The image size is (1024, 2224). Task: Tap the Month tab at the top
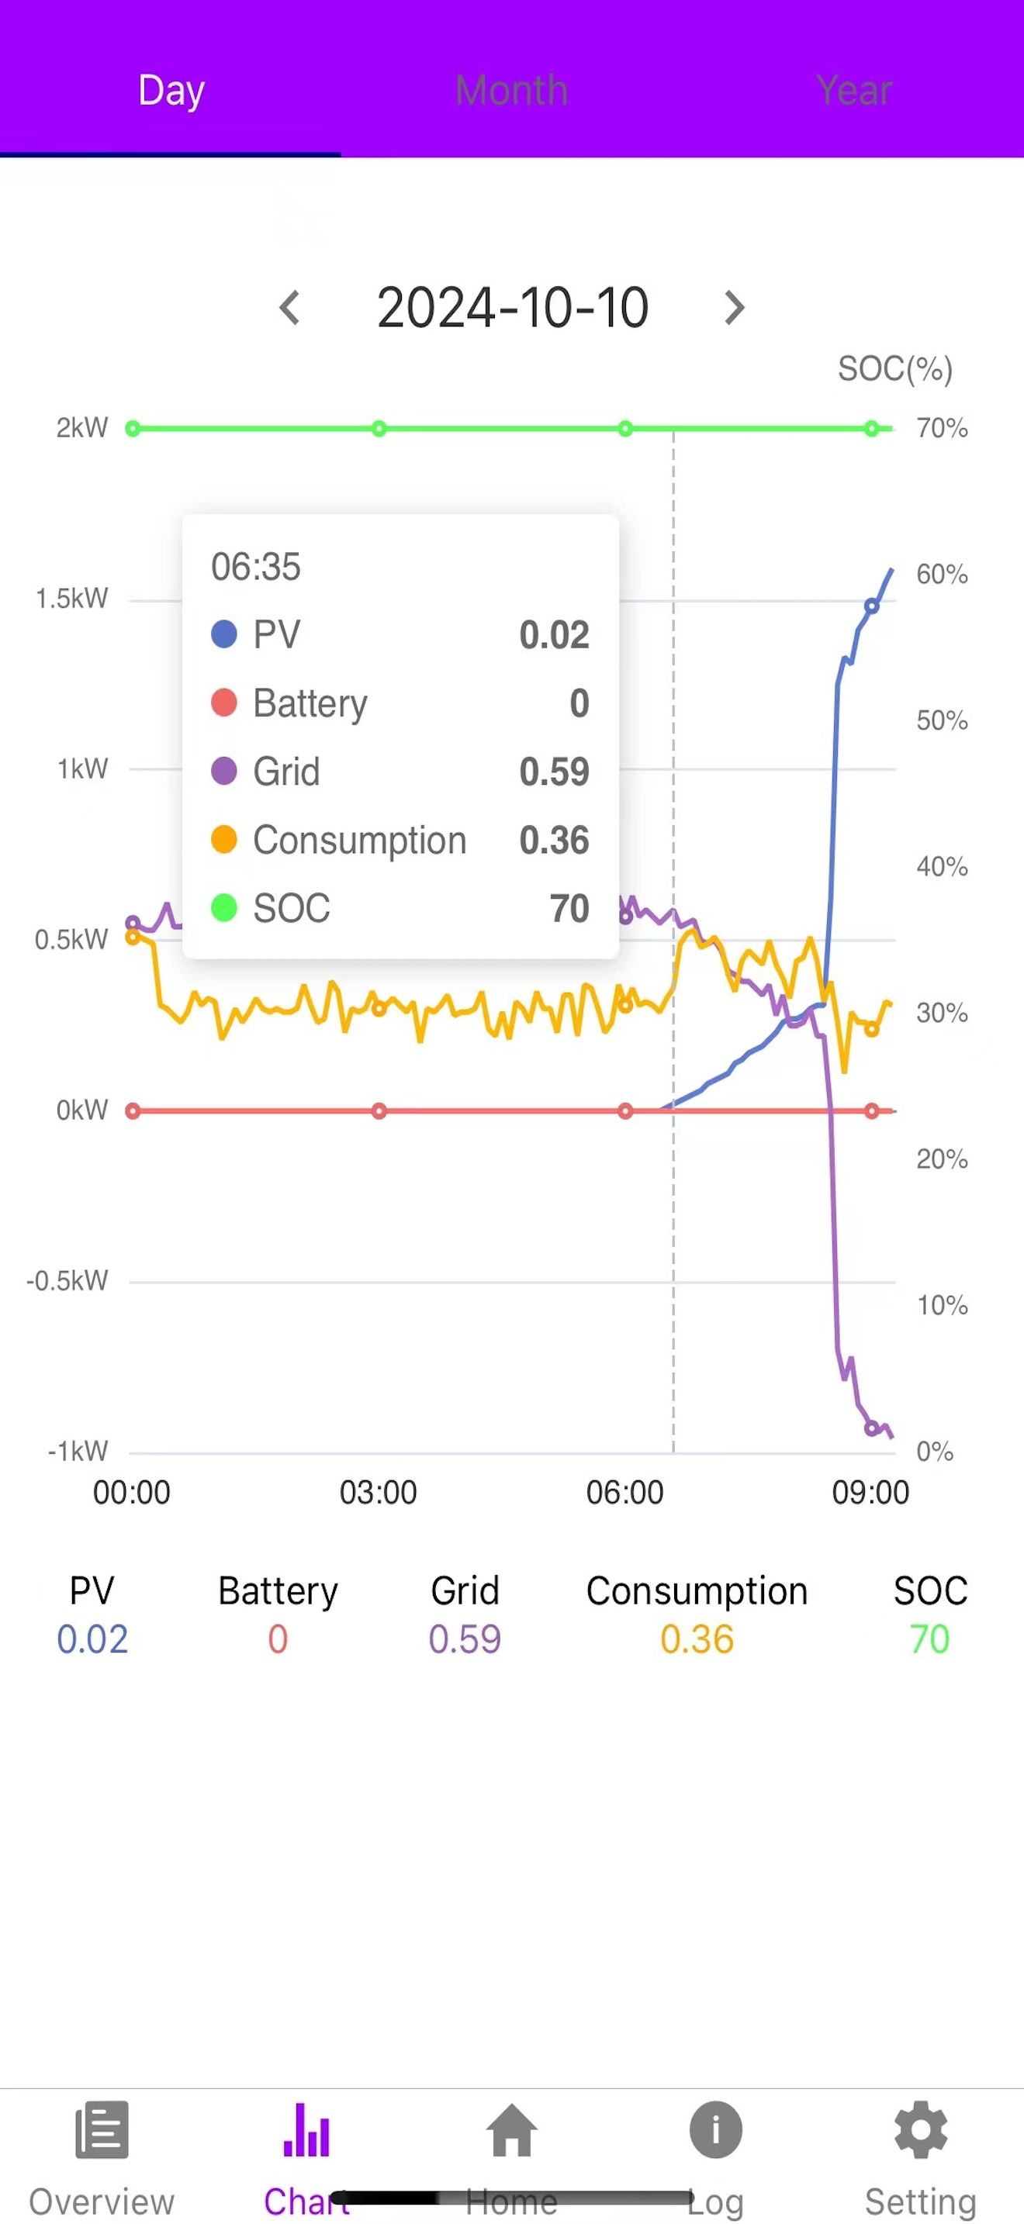(x=511, y=90)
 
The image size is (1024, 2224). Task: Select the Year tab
(x=853, y=90)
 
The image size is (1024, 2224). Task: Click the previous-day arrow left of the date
(x=290, y=307)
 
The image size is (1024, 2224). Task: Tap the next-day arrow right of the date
(x=734, y=307)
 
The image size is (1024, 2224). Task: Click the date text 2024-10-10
(x=512, y=307)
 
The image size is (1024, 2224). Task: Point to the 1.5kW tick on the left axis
(x=71, y=599)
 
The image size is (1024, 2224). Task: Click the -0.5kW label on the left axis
(x=67, y=1280)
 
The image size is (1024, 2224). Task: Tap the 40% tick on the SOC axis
(x=942, y=866)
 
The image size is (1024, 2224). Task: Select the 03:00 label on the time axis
(x=378, y=1492)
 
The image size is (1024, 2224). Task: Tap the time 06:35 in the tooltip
(x=255, y=567)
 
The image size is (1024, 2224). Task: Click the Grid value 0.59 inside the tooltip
(x=553, y=772)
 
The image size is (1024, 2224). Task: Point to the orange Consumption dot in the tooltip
(x=223, y=839)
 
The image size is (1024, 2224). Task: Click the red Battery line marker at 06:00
(x=625, y=1111)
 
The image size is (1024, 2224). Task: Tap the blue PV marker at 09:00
(x=872, y=606)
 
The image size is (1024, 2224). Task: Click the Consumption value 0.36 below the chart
(x=697, y=1639)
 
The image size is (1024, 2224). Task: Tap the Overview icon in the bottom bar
(x=102, y=2131)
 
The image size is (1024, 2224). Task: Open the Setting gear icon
(x=920, y=2131)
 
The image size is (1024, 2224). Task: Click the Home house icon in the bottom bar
(x=512, y=2131)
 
